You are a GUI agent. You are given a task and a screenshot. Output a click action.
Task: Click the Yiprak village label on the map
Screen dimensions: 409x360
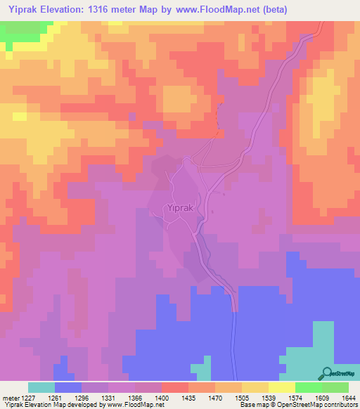(x=179, y=208)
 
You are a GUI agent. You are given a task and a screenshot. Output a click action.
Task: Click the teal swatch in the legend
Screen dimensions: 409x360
(x=41, y=387)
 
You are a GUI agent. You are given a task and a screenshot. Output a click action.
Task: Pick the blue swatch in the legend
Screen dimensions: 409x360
(x=67, y=387)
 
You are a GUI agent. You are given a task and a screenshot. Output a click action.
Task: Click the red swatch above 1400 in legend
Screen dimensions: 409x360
(x=174, y=387)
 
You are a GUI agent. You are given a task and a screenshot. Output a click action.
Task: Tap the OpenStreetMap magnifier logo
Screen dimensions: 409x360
(x=326, y=373)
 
